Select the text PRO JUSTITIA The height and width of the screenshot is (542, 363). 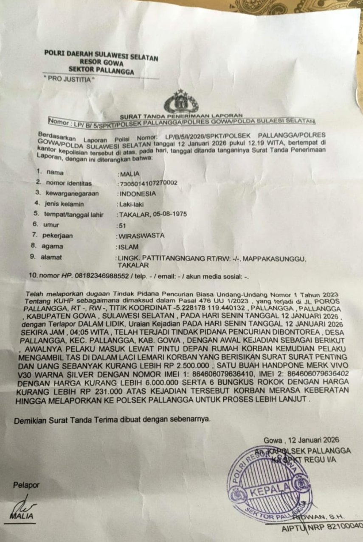tap(69, 79)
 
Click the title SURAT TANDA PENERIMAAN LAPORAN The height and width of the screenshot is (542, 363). tap(181, 115)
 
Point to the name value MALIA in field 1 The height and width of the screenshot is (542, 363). tap(129, 174)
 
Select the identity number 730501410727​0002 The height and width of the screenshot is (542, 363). tap(148, 184)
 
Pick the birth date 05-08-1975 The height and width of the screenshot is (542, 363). tap(169, 215)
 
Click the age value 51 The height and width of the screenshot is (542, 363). tap(123, 225)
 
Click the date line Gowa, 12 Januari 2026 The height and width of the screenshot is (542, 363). tap(301, 440)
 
